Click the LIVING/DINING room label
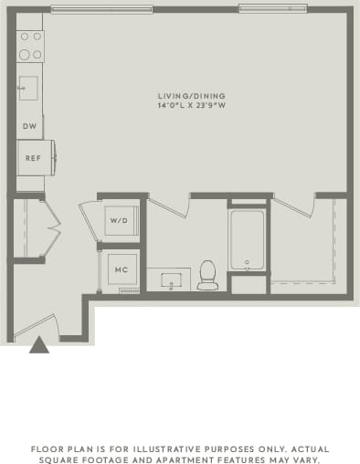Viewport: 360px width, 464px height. tap(191, 96)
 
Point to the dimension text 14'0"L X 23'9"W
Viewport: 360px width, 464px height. tap(191, 106)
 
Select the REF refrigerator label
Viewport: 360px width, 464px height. tap(33, 158)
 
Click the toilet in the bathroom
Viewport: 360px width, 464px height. tap(207, 275)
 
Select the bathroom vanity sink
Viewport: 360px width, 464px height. tap(169, 279)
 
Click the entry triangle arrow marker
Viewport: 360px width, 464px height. tap(38, 345)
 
